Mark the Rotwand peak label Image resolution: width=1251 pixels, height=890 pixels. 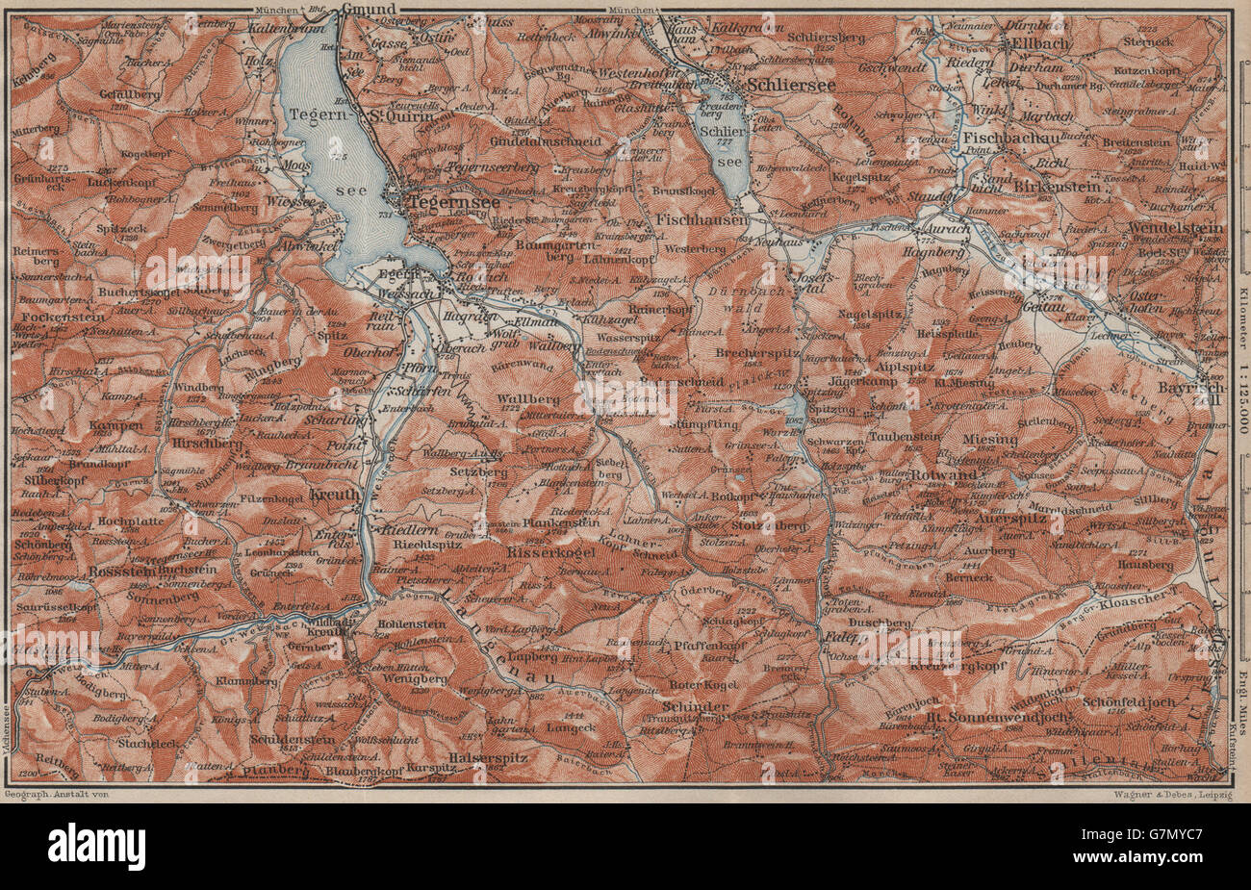[948, 474]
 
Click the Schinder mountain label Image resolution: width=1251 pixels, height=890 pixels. [695, 707]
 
